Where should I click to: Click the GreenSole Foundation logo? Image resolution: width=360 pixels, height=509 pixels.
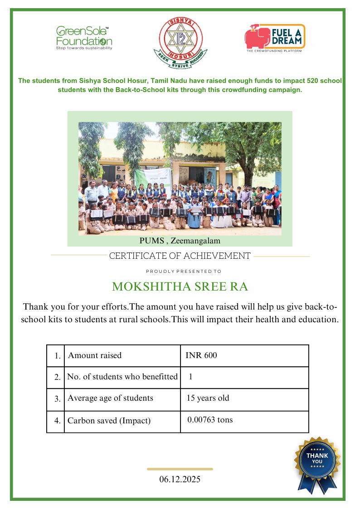click(83, 38)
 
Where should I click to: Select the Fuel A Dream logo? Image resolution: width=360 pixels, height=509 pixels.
click(275, 38)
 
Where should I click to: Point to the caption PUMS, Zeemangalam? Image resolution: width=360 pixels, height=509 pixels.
click(180, 240)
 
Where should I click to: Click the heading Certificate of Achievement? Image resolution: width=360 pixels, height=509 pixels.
click(180, 256)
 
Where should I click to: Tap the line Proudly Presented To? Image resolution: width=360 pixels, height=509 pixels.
click(183, 271)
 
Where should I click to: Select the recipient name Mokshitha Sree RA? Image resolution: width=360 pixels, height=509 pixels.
click(180, 287)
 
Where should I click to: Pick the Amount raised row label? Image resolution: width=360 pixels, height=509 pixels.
click(95, 355)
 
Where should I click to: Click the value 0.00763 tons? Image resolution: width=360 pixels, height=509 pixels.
click(210, 420)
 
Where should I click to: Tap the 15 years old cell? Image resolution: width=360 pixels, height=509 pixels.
click(208, 398)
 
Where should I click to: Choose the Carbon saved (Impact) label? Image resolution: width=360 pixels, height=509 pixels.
click(109, 421)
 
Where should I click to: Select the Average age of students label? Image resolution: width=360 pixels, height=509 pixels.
click(110, 398)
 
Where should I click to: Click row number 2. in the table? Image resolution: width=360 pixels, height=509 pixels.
click(57, 377)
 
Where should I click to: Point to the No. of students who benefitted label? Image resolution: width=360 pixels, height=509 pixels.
click(122, 377)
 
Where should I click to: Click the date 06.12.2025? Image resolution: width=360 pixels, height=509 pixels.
click(180, 479)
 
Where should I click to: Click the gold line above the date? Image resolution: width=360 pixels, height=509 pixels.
click(180, 469)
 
